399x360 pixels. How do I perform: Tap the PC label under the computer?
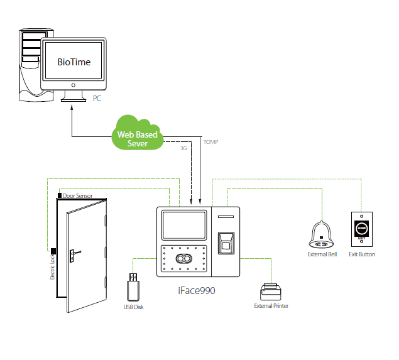[97, 99]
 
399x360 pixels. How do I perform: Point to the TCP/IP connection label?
[212, 143]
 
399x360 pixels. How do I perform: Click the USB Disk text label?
[134, 307]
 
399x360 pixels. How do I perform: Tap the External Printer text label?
[271, 306]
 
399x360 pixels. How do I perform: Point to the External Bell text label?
[322, 254]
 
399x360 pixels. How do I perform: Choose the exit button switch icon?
[361, 229]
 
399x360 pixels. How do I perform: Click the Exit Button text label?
[362, 254]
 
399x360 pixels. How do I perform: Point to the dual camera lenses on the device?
[183, 259]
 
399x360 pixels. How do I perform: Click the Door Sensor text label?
[77, 196]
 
